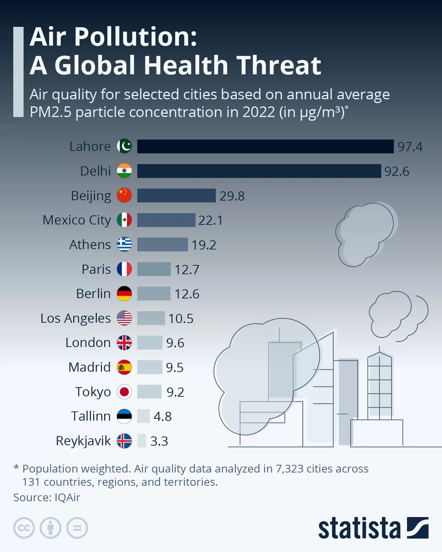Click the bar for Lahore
pos(265,146)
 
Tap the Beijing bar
pos(176,195)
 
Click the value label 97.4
pos(410,147)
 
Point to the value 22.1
pos(210,220)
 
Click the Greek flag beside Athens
pos(124,244)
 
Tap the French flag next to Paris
pos(124,269)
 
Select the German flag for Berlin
pos(124,294)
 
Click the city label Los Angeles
pos(76,318)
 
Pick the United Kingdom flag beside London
pos(124,343)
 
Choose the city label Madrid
pos(90,367)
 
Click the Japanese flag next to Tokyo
pos(124,392)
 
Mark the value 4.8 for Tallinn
pos(162,417)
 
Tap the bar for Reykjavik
pos(141,441)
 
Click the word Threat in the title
pos(279,66)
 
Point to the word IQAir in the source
pos(67,498)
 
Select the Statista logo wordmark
pos(359,528)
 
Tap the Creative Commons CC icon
pos(24,528)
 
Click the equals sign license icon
pos(77,528)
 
